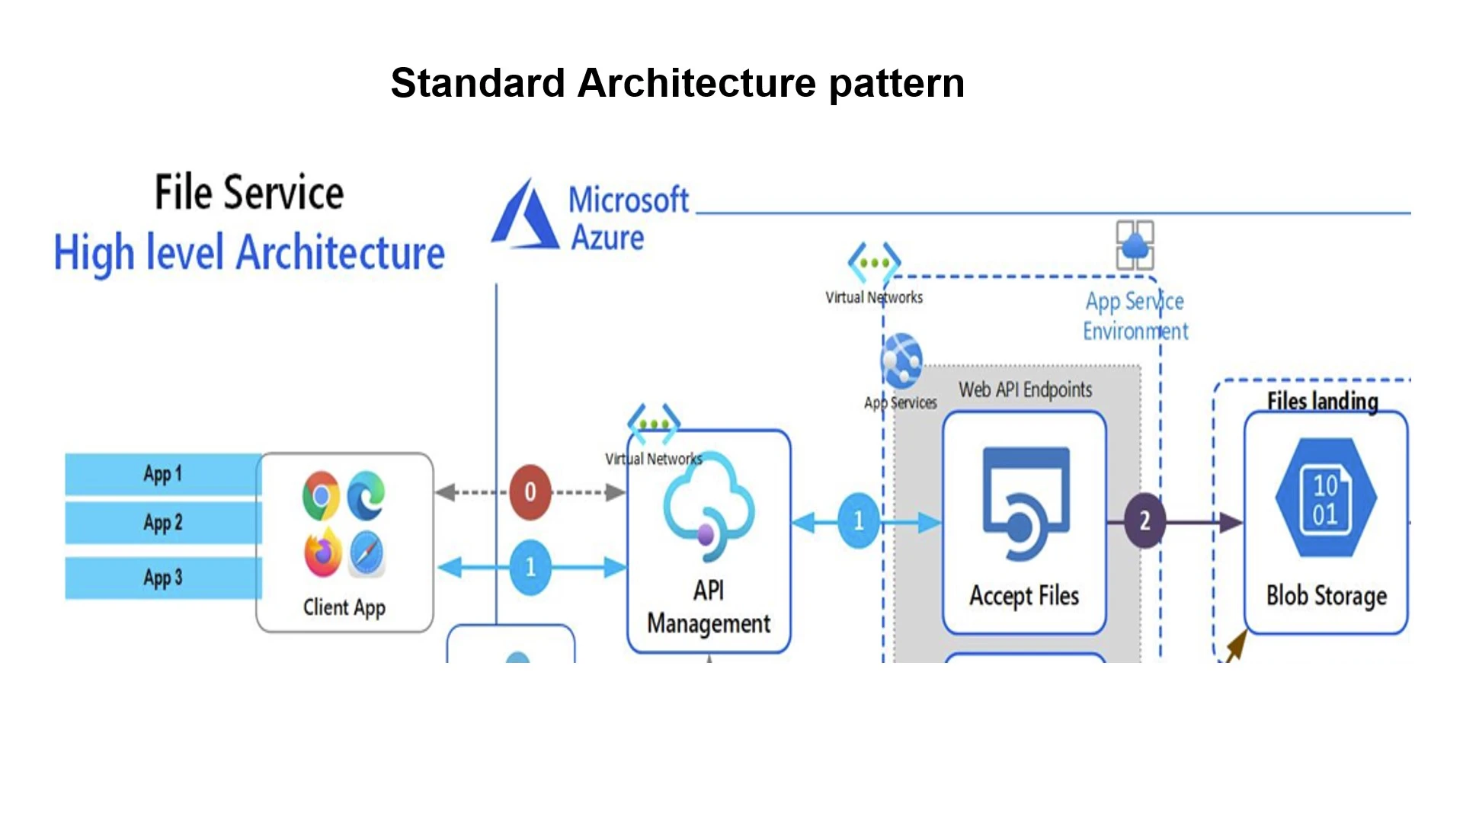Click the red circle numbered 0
click(x=530, y=492)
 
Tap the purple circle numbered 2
click(x=1144, y=521)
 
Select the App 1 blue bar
click(x=163, y=474)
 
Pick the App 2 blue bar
click(x=163, y=523)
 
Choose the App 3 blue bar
click(x=163, y=578)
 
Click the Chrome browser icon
click(x=321, y=495)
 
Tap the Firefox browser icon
click(x=322, y=554)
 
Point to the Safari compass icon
click(x=367, y=554)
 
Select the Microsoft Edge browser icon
click(x=367, y=495)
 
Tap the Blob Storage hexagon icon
click(x=1326, y=498)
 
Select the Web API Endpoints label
click(x=1025, y=390)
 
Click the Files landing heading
click(x=1323, y=401)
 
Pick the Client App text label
click(x=344, y=607)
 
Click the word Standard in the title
click(x=478, y=83)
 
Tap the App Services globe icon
click(x=901, y=359)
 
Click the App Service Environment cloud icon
click(x=1135, y=245)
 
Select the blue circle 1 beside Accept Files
click(x=859, y=521)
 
